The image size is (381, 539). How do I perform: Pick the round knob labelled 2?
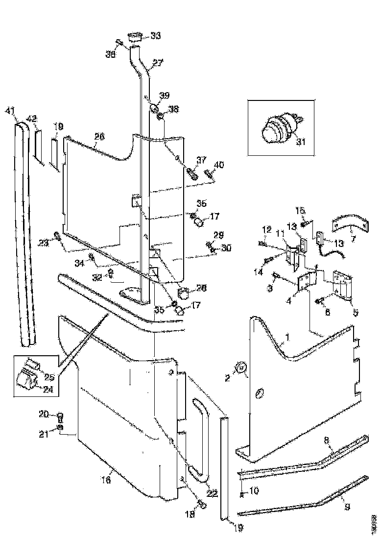[x=240, y=368]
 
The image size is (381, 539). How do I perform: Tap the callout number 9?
[x=348, y=507]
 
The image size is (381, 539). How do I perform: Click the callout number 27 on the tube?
[x=157, y=63]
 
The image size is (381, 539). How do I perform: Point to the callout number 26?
[x=99, y=136]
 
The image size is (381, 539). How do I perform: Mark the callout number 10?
[x=255, y=490]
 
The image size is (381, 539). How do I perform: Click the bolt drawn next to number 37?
[x=191, y=173]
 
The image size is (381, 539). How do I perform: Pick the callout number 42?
[x=31, y=119]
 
